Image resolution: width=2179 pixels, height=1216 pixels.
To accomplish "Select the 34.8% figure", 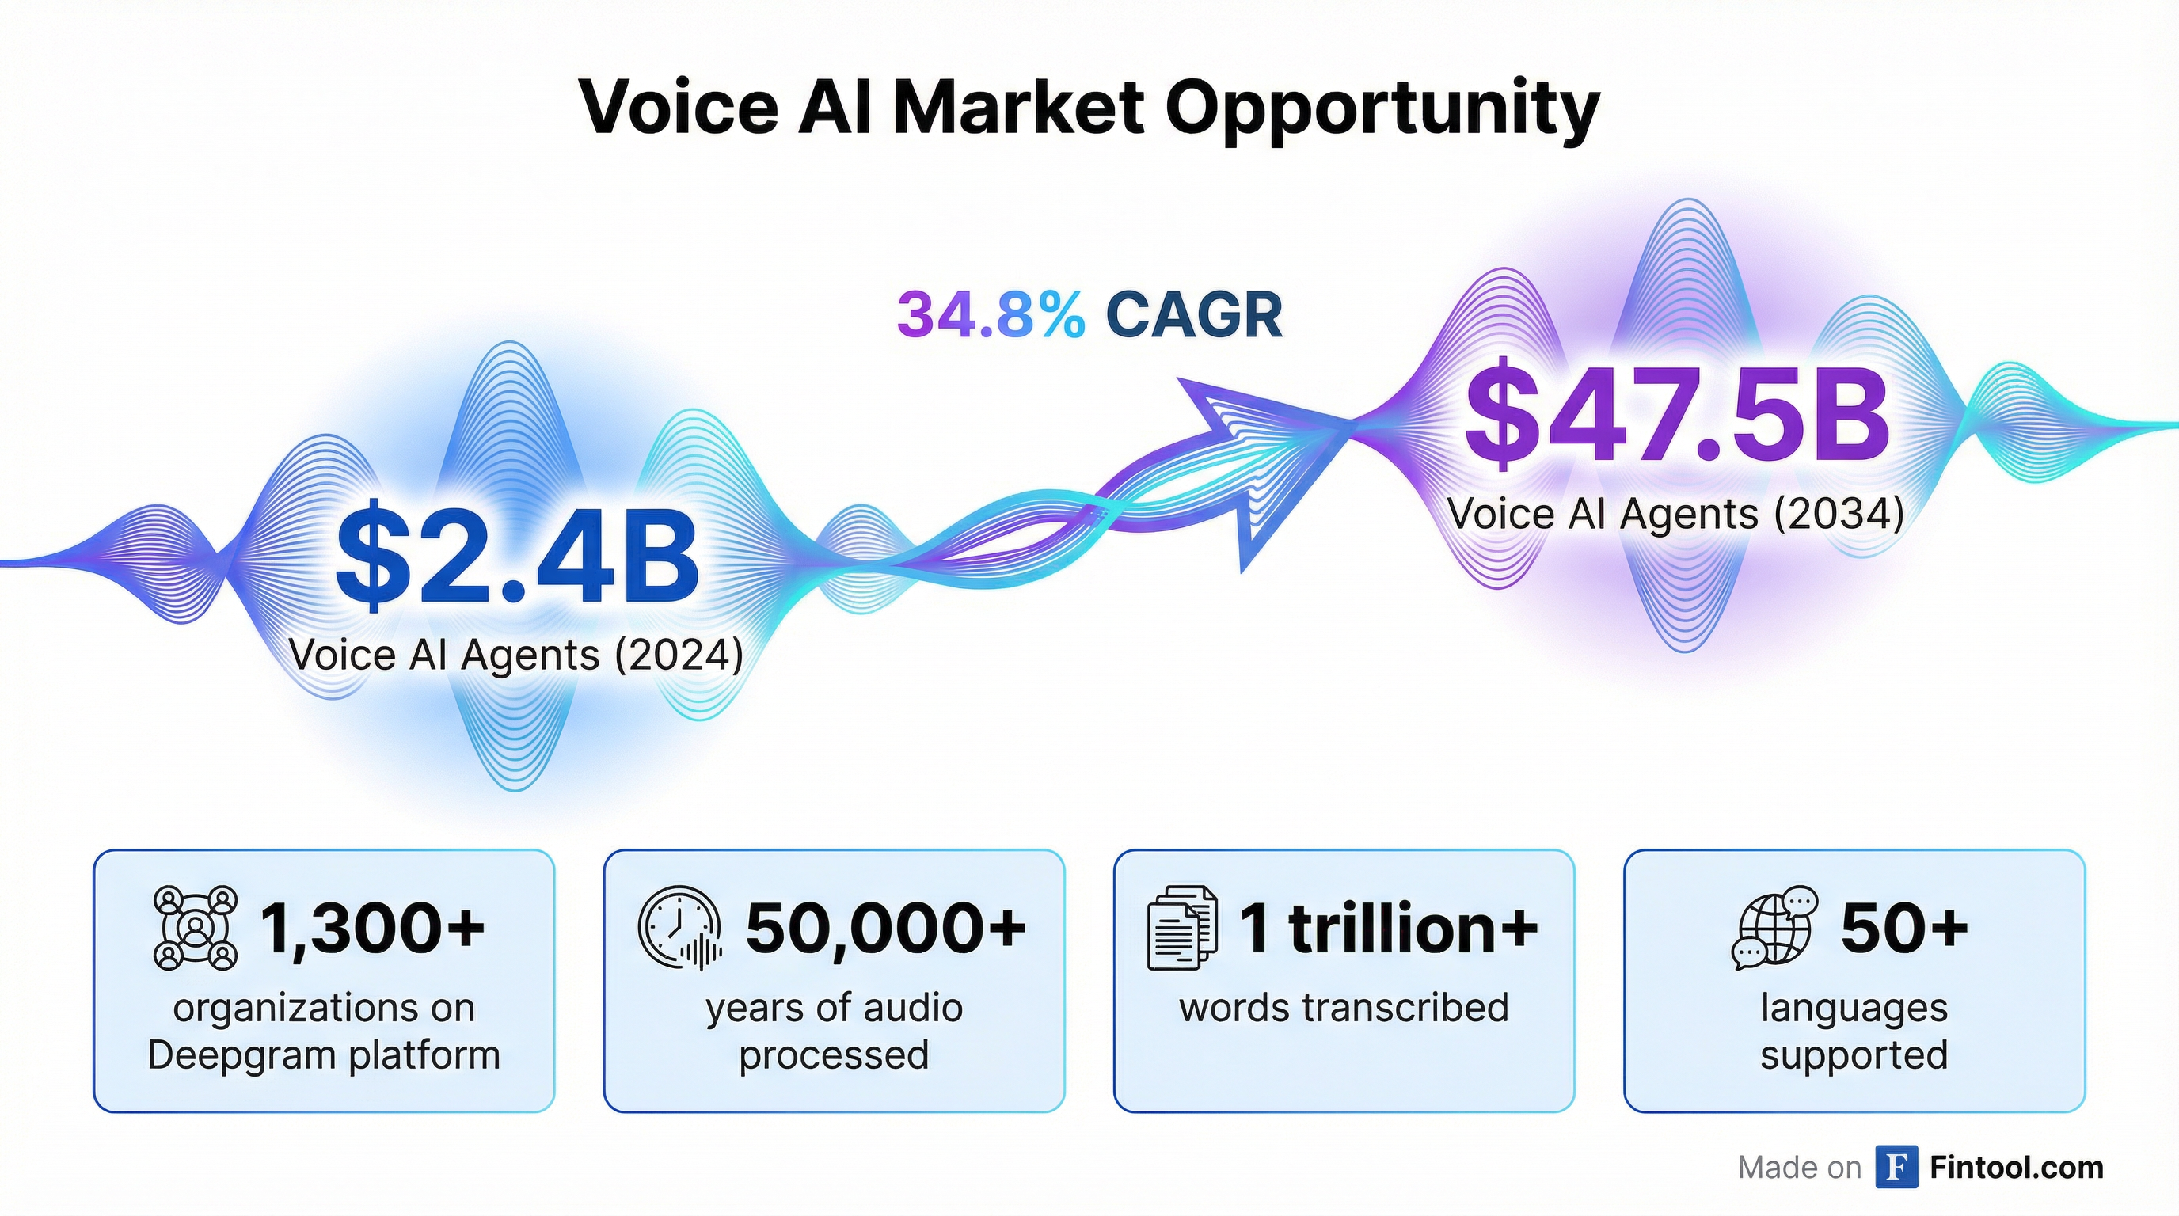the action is click(991, 314).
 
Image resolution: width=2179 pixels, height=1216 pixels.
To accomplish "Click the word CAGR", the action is click(1193, 314).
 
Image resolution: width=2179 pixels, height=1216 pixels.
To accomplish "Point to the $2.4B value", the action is click(518, 558).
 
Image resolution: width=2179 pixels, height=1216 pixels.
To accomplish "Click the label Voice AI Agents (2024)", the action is click(516, 655).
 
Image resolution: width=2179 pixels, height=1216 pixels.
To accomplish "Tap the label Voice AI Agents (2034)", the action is click(1675, 513).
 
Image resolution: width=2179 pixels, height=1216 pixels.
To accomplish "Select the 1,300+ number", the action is click(373, 928).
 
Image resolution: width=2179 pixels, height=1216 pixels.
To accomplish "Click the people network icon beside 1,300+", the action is click(196, 928).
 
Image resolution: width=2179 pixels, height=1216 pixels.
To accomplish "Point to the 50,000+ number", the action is click(887, 928).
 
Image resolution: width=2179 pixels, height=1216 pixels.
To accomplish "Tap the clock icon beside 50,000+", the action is click(680, 928).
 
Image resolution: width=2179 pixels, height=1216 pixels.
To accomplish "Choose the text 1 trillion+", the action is click(1389, 928).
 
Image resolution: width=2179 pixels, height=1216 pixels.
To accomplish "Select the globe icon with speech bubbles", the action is click(1772, 928).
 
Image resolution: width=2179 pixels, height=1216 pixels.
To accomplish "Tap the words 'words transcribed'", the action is click(1344, 1007).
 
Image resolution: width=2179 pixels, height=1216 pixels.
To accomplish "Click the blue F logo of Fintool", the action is click(1896, 1167).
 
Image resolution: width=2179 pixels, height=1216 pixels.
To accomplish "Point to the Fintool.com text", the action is click(2017, 1167).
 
